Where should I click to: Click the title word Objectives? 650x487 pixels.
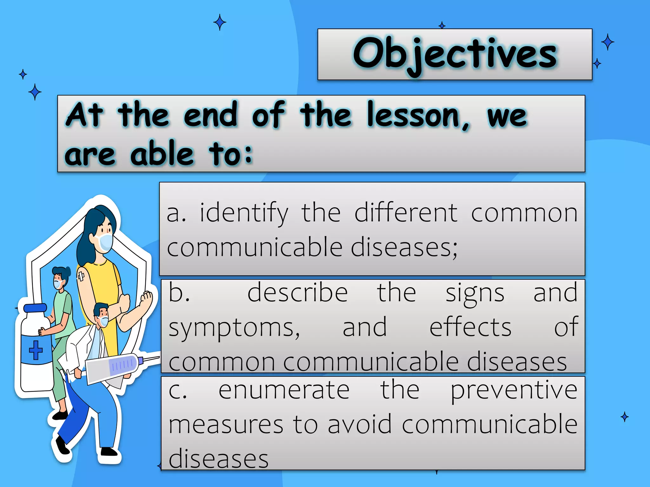coord(454,54)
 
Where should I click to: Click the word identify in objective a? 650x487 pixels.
coord(244,213)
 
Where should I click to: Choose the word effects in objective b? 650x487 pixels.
coord(470,327)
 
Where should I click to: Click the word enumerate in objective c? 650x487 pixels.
coord(284,391)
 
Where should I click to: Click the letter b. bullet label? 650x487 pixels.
coord(179,292)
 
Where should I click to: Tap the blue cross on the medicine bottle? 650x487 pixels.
coord(36,350)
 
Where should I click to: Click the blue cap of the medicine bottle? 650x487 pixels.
coord(35,308)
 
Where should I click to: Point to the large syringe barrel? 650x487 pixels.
coord(113,368)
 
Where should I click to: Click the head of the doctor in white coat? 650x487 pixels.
coord(102,314)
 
